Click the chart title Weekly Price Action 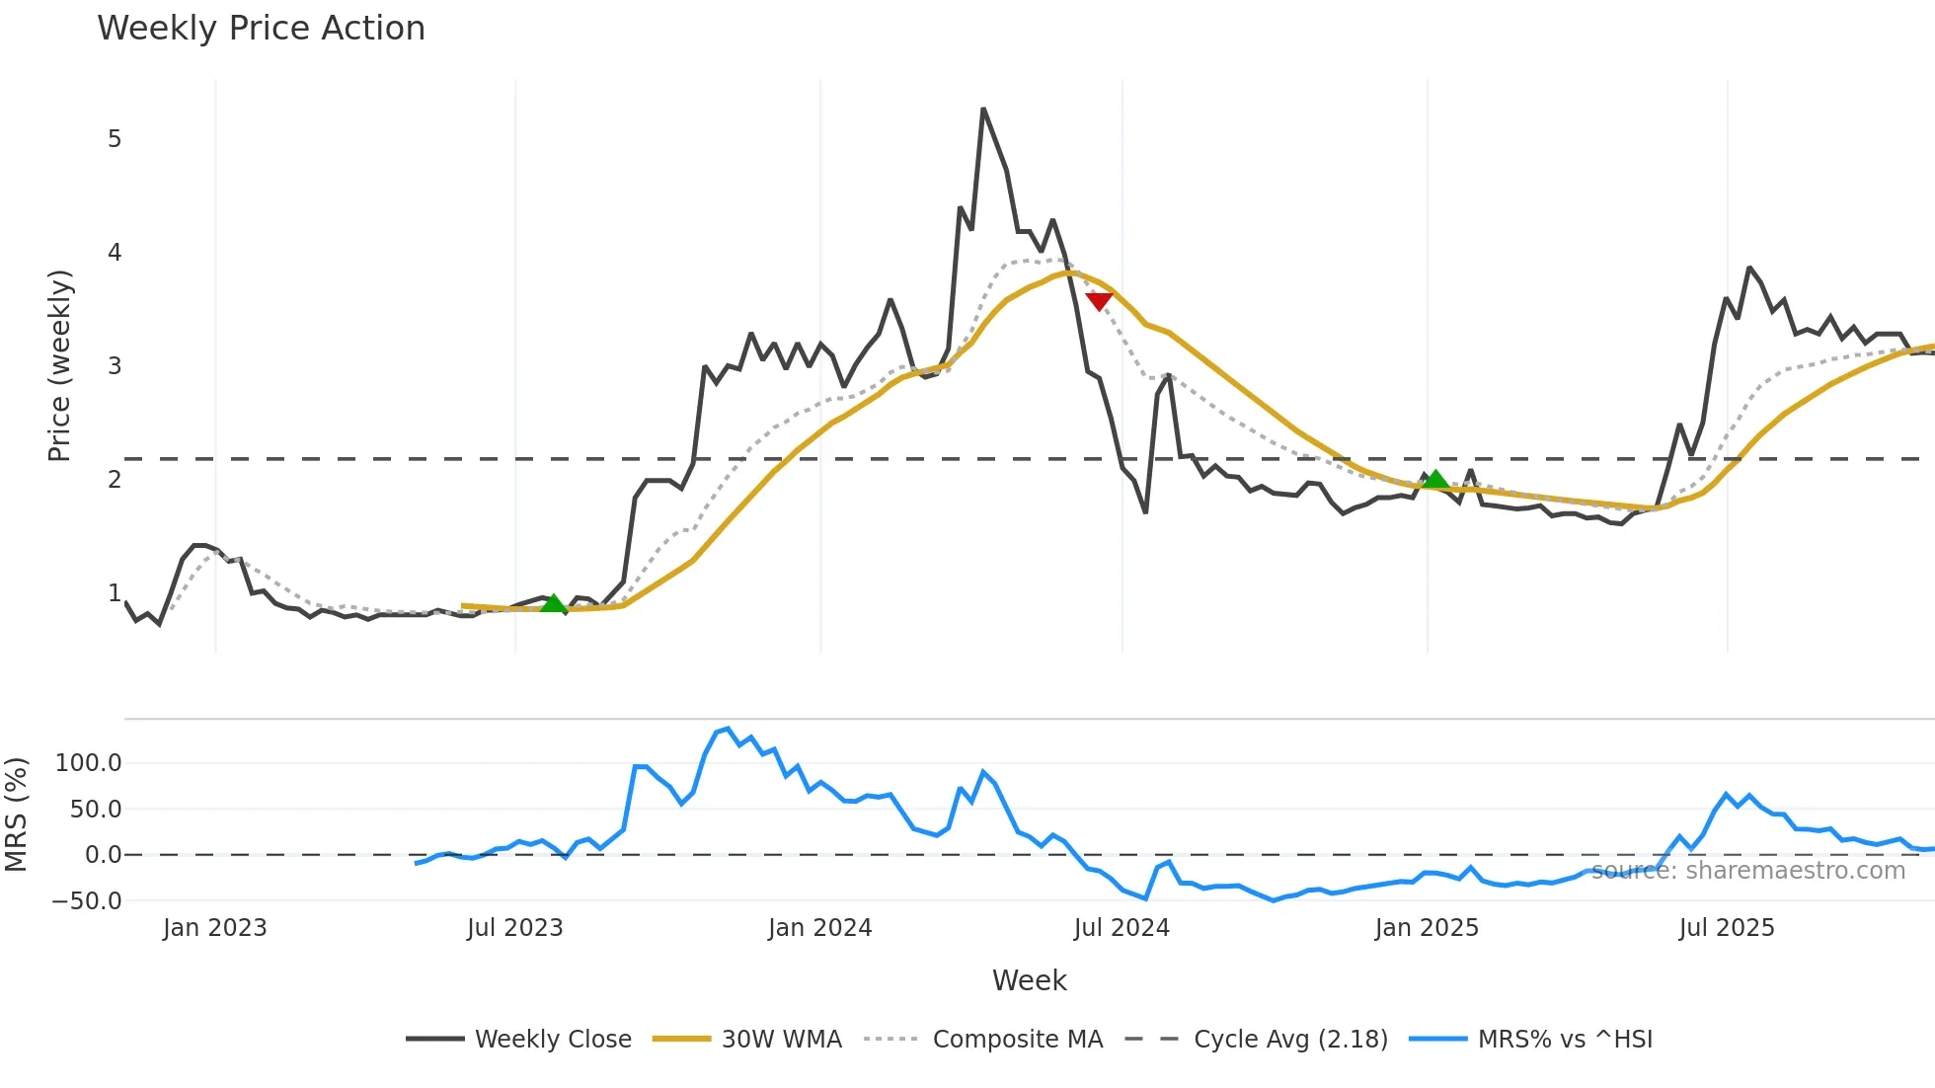261,29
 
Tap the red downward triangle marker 1099,301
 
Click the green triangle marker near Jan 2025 1435,481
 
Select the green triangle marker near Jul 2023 554,603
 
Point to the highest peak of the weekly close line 983,110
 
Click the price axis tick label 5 115,139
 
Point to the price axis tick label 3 115,366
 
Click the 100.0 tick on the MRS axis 89,763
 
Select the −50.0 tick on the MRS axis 87,901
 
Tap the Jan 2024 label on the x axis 820,928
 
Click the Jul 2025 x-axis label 1727,928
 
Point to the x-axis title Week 1029,980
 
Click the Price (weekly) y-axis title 59,365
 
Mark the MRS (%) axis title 16,815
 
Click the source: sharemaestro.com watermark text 1748,871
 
